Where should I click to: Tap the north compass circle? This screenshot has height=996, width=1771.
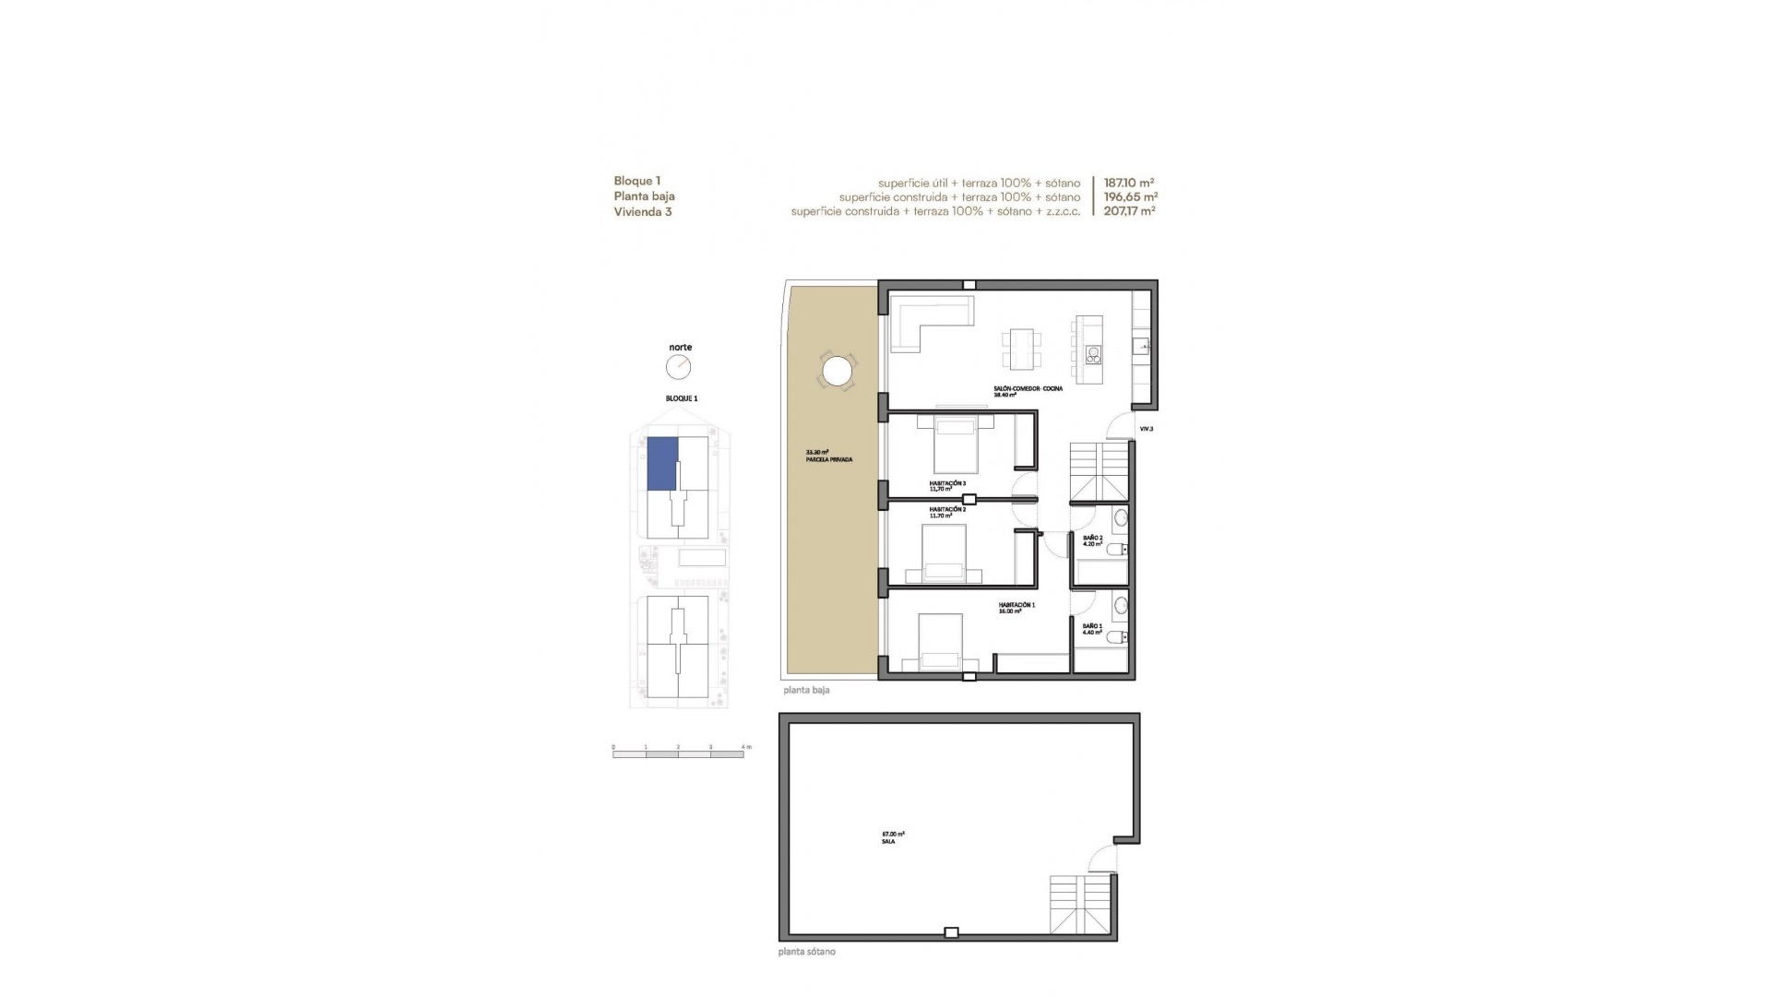point(678,367)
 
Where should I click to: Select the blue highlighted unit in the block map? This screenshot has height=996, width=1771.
point(662,464)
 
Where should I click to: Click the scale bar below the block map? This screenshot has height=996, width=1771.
point(678,754)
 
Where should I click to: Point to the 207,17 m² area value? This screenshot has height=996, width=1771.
point(1129,211)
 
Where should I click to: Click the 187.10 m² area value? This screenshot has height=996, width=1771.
point(1129,183)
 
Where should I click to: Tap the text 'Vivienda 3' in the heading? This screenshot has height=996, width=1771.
point(643,211)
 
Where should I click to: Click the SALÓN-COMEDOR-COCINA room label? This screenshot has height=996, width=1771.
point(1028,389)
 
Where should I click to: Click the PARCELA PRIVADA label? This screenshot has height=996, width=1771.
point(828,458)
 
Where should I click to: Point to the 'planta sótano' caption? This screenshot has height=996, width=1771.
point(807,952)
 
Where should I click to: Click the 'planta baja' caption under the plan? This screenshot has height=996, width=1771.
point(806,690)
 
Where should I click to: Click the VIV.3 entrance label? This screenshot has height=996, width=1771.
point(1147,429)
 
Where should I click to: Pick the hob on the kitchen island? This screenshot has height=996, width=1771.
point(1093,352)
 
